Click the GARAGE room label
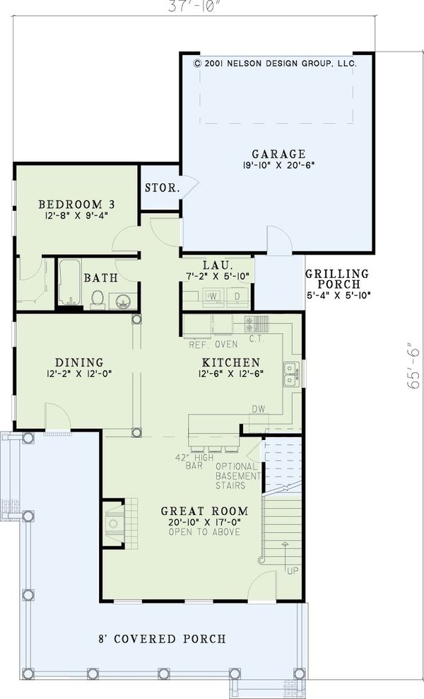coord(279,154)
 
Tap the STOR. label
coord(163,187)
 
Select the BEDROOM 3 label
coord(76,204)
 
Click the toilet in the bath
coord(98,299)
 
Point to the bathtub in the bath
coord(69,282)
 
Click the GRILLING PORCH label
coord(337,279)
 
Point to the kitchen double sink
coord(291,374)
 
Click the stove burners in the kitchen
coord(257,323)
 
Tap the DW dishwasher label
coord(259,409)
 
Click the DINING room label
coord(79,362)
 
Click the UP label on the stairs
coord(293,571)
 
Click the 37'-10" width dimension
coord(194,7)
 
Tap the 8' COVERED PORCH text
coord(162,639)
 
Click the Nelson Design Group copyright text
coord(276,64)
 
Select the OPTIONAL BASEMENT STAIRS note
coord(237,476)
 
